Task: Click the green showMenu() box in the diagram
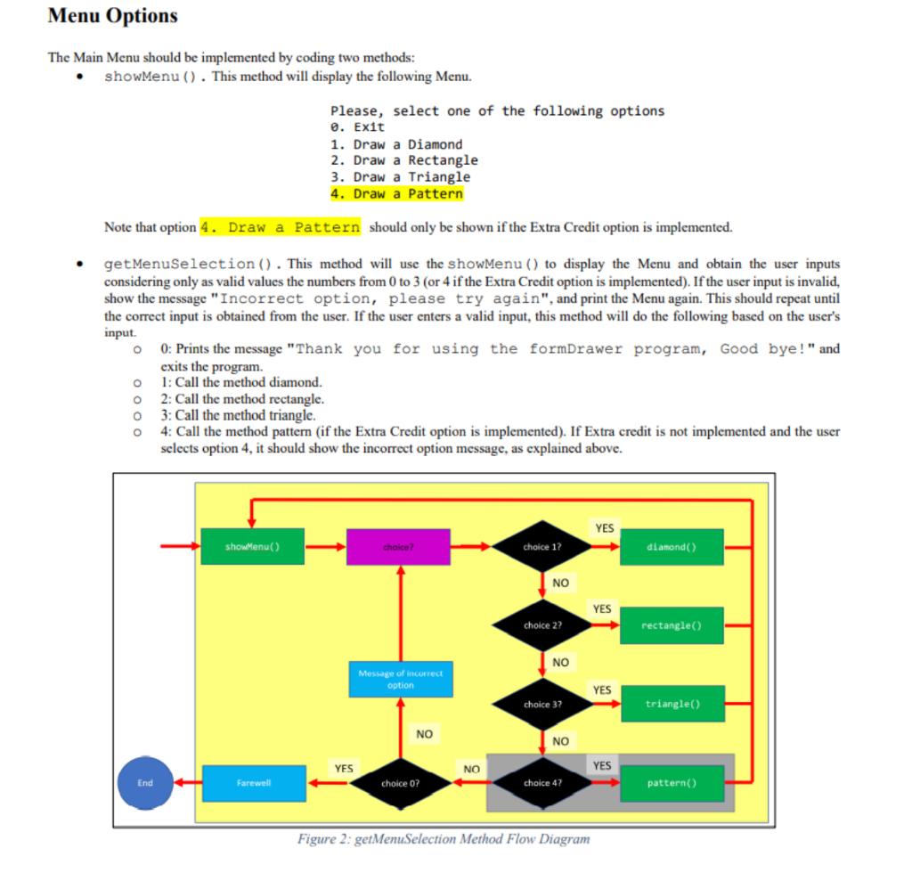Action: tap(253, 546)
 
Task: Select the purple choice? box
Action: tap(398, 546)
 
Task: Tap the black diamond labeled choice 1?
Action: tap(542, 546)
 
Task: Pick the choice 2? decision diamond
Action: tap(542, 625)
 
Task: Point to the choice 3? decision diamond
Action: tap(542, 704)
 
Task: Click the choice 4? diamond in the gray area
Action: tap(542, 783)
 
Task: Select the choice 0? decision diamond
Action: tap(400, 783)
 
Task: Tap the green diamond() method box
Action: tap(671, 546)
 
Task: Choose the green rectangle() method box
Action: tap(671, 625)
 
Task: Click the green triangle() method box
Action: tap(672, 704)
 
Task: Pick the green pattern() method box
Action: tap(671, 783)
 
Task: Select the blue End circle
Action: tap(145, 783)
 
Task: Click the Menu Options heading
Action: tap(112, 16)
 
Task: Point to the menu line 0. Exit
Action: tap(357, 127)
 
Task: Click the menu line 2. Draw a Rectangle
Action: tap(403, 160)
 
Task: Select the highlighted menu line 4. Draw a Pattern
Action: tap(396, 193)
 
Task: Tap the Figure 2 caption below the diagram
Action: tap(444, 838)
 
